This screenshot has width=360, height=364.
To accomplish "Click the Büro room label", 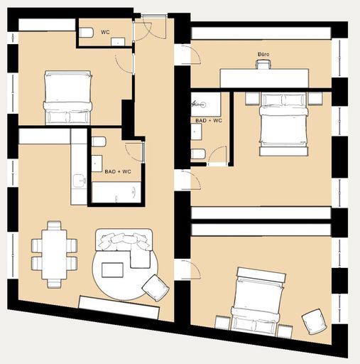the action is point(263,54).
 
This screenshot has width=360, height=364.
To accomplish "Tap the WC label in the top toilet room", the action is point(105,32).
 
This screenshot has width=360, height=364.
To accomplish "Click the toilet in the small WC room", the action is point(86,33).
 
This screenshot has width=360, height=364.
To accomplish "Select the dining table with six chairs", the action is point(54,255).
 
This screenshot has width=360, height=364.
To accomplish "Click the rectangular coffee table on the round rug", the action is point(112,270).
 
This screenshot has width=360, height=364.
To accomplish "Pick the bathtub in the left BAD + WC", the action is point(116,192).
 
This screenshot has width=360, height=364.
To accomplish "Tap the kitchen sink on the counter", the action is point(79,181).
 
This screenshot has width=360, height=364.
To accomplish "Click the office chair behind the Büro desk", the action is point(263,64).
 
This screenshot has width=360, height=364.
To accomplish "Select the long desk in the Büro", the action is point(264,78).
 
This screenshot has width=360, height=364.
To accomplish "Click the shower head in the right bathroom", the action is point(199,104).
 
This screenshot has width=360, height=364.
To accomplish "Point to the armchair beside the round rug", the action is point(156,288).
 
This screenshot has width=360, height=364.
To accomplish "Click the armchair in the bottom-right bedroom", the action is point(315,321).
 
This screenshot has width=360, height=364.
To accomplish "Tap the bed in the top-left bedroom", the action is point(67,97).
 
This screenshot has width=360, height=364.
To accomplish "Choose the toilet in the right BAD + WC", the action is point(198,154).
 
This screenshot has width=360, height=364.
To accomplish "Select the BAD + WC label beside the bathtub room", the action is point(118,171).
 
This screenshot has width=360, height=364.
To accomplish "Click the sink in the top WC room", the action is point(118,41).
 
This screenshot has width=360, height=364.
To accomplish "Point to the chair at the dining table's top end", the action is point(54,225).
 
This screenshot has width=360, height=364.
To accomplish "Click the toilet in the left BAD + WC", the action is point(99,141).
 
